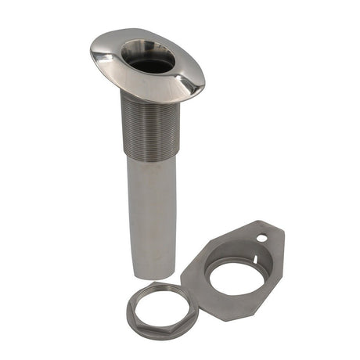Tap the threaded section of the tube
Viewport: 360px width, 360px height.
pos(150,125)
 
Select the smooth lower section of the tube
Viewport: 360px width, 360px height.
pos(151,211)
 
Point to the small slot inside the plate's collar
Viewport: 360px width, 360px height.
pos(249,251)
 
